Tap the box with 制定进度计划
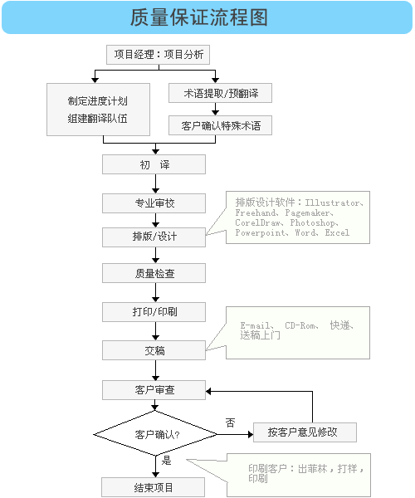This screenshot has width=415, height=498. (x=98, y=110)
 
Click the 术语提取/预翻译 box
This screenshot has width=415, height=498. (x=220, y=94)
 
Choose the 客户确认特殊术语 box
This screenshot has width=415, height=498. (x=220, y=126)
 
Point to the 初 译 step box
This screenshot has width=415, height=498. (x=154, y=164)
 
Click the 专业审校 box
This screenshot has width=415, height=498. (x=154, y=203)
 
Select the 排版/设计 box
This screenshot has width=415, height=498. (x=154, y=237)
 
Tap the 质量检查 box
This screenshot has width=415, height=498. (x=154, y=273)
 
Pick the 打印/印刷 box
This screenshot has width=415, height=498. (x=154, y=312)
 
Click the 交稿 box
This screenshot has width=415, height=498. (x=154, y=350)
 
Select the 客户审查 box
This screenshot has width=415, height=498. (x=154, y=389)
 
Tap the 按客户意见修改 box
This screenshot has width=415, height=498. (x=305, y=432)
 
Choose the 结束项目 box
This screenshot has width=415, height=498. (x=154, y=487)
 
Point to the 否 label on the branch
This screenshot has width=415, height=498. (x=230, y=422)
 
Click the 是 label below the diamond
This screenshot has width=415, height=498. (x=166, y=460)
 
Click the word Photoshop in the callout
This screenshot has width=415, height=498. (x=313, y=223)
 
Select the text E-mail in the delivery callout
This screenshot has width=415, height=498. (x=256, y=325)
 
